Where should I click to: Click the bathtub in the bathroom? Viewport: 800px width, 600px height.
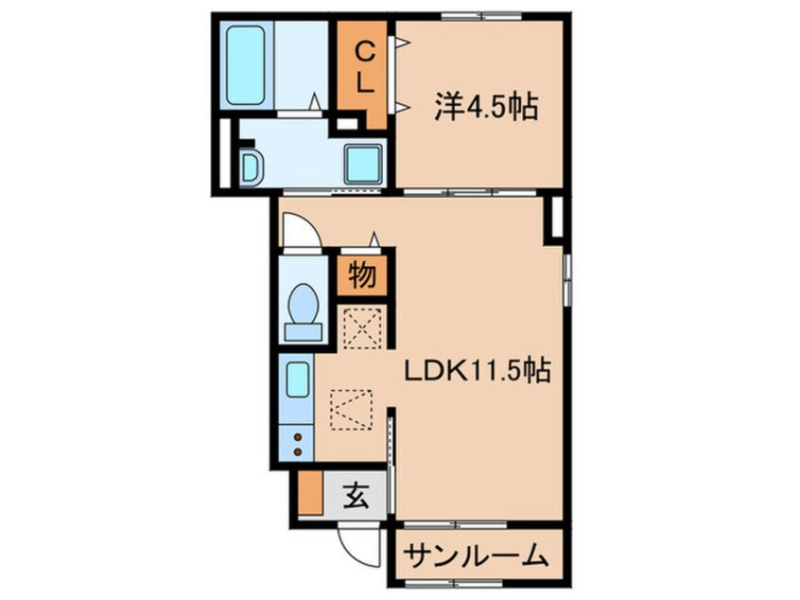(x=246, y=65)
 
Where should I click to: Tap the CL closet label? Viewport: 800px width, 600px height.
(x=364, y=67)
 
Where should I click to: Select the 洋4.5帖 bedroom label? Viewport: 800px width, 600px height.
(x=486, y=107)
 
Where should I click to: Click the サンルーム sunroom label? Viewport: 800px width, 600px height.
(x=477, y=556)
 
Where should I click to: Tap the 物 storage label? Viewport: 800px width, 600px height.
(x=362, y=275)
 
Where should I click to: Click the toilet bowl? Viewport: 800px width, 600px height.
(x=304, y=312)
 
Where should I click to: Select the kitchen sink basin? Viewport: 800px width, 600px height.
(x=298, y=379)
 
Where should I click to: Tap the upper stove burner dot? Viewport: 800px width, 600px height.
(x=298, y=437)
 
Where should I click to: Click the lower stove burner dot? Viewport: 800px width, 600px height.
(x=298, y=452)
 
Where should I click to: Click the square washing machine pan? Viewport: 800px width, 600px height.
(x=363, y=164)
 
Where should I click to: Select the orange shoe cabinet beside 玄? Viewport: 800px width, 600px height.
(x=310, y=493)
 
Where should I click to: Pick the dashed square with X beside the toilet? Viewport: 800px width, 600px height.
(x=363, y=327)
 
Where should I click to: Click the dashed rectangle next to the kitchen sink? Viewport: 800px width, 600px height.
(x=351, y=410)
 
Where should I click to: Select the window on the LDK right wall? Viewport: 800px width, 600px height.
(x=566, y=280)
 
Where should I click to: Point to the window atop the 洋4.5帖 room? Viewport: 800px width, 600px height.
(x=474, y=17)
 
